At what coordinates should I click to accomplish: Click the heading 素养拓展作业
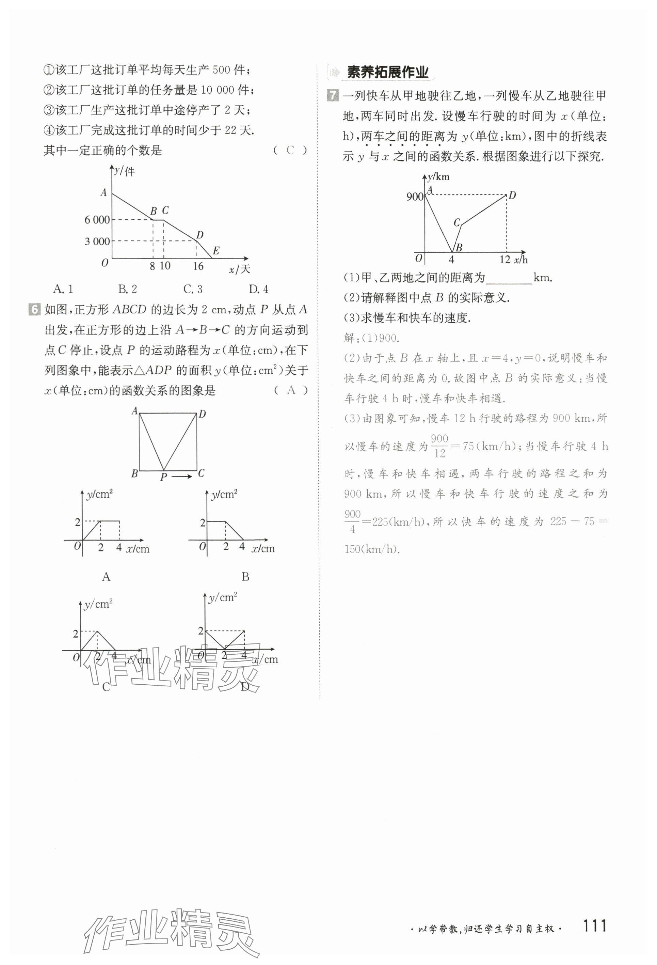[387, 73]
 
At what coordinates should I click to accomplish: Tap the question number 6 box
[34, 310]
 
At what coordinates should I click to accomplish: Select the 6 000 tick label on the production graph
[97, 220]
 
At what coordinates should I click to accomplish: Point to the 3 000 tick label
[97, 242]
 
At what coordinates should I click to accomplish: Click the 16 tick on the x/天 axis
[198, 266]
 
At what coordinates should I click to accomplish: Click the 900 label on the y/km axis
[415, 197]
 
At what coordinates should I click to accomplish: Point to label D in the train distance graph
[512, 195]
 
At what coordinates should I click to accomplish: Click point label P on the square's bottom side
[163, 477]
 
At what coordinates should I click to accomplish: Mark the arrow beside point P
[182, 476]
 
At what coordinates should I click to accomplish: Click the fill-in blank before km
[509, 279]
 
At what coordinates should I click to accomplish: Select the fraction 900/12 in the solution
[439, 446]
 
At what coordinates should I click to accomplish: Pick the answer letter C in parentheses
[290, 150]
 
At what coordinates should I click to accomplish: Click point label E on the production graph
[216, 250]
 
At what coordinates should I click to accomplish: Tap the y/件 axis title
[124, 171]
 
